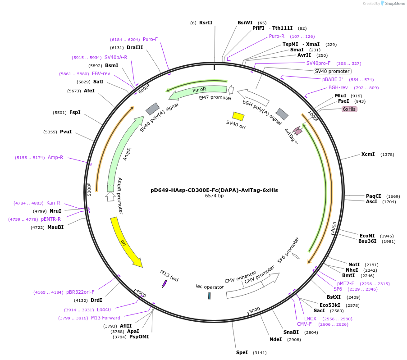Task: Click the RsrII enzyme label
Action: (206, 23)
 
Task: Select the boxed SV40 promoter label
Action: (332, 71)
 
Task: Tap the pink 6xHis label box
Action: (349, 109)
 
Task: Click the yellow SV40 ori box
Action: (238, 116)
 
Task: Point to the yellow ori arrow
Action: (126, 243)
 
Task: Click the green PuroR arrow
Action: (198, 91)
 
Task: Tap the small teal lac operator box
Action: (210, 296)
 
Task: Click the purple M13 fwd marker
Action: (165, 283)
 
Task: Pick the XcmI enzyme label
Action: (368, 154)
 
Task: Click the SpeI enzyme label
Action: (242, 352)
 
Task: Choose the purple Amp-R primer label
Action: (55, 158)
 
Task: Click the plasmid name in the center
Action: (214, 190)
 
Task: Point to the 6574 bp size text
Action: (214, 196)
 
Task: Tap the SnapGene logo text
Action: (394, 4)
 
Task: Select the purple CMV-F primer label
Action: (304, 324)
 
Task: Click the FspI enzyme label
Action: (75, 112)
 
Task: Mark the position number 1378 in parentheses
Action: (387, 155)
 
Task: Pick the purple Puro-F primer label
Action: (150, 39)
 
